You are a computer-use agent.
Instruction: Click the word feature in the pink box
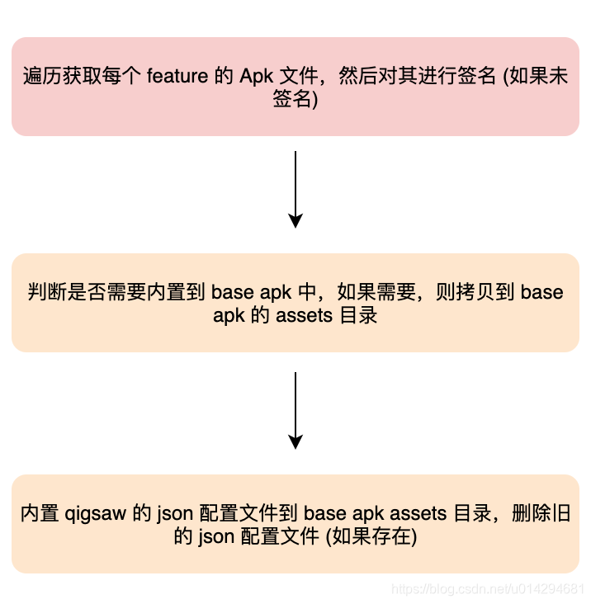point(177,76)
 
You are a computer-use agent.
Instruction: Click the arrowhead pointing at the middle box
point(295,220)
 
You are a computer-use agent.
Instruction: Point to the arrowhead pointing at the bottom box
point(295,441)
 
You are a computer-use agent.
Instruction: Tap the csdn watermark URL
point(487,589)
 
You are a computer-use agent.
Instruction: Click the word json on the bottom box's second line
point(215,536)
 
